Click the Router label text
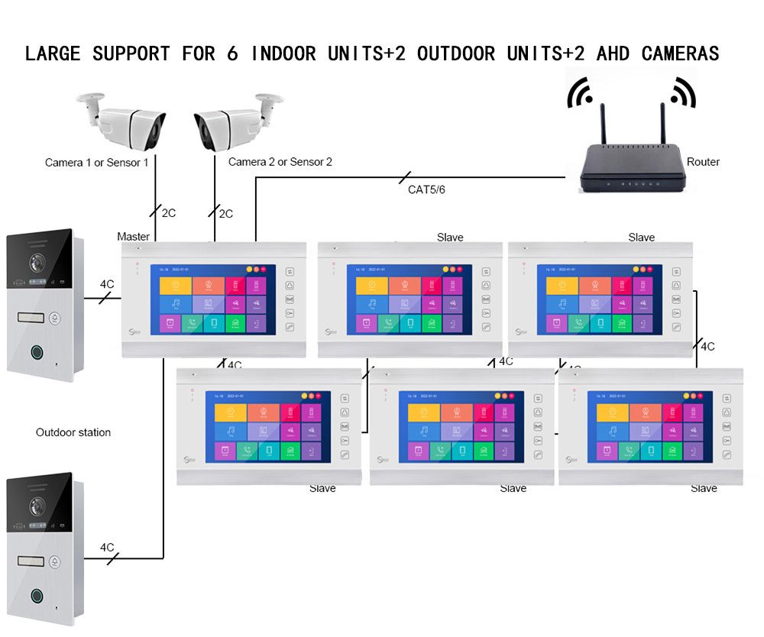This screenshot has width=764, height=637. (x=703, y=162)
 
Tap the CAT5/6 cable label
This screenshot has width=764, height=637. (x=426, y=189)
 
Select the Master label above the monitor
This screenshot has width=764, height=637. (x=134, y=237)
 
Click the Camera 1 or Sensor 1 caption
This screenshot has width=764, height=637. (x=97, y=163)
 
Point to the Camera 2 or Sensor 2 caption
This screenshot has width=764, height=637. (x=280, y=162)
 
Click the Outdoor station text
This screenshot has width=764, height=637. (x=73, y=432)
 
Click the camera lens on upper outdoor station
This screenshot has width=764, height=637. (x=36, y=262)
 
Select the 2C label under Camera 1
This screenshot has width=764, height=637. (x=168, y=213)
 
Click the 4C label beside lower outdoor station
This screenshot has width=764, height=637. (x=107, y=548)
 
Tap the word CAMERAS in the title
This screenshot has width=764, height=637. (x=680, y=53)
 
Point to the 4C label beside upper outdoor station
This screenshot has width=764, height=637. (x=107, y=285)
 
